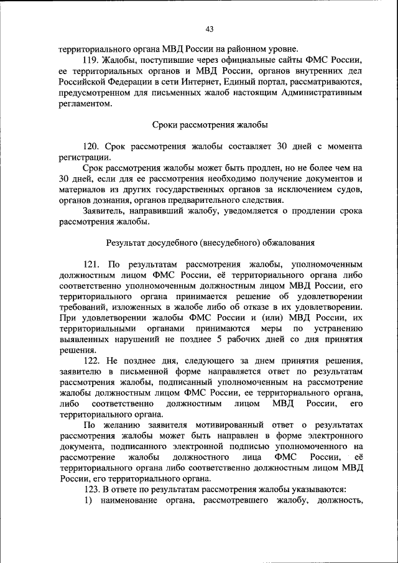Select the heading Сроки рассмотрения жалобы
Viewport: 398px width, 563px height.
coord(210,124)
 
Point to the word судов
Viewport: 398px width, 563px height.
coord(350,189)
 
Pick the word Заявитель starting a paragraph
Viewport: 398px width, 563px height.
coord(104,211)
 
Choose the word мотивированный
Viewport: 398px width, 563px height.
coord(208,425)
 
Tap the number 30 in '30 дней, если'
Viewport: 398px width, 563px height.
coord(65,179)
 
